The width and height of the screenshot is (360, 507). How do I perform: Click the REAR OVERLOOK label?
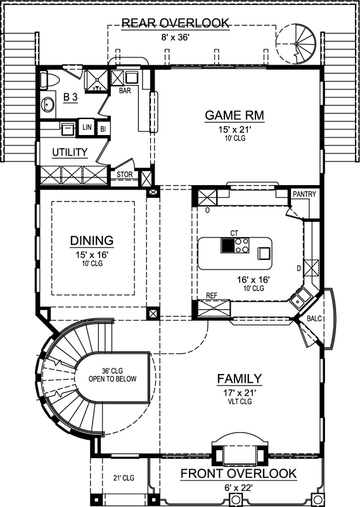click(175, 23)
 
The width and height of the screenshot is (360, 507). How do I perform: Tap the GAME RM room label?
click(234, 115)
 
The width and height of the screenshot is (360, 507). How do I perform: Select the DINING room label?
click(92, 241)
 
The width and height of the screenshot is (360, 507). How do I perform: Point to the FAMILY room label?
click(240, 379)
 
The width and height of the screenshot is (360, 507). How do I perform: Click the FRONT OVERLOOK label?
click(238, 473)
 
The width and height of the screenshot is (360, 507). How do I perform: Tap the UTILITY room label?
click(70, 152)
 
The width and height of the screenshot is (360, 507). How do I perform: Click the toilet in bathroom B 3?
click(51, 80)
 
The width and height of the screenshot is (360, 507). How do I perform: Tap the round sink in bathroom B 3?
click(48, 105)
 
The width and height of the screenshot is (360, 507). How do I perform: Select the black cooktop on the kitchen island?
click(227, 245)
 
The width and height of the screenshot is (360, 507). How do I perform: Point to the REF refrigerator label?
click(212, 296)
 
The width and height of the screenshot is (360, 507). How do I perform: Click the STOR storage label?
click(124, 174)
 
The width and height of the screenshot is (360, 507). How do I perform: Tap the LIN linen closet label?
click(86, 129)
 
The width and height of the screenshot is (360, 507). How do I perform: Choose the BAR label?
click(125, 91)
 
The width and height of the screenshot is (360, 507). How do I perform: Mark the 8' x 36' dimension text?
click(175, 37)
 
